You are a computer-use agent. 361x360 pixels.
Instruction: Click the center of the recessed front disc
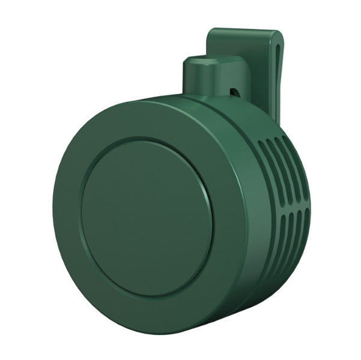(x=147, y=217)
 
